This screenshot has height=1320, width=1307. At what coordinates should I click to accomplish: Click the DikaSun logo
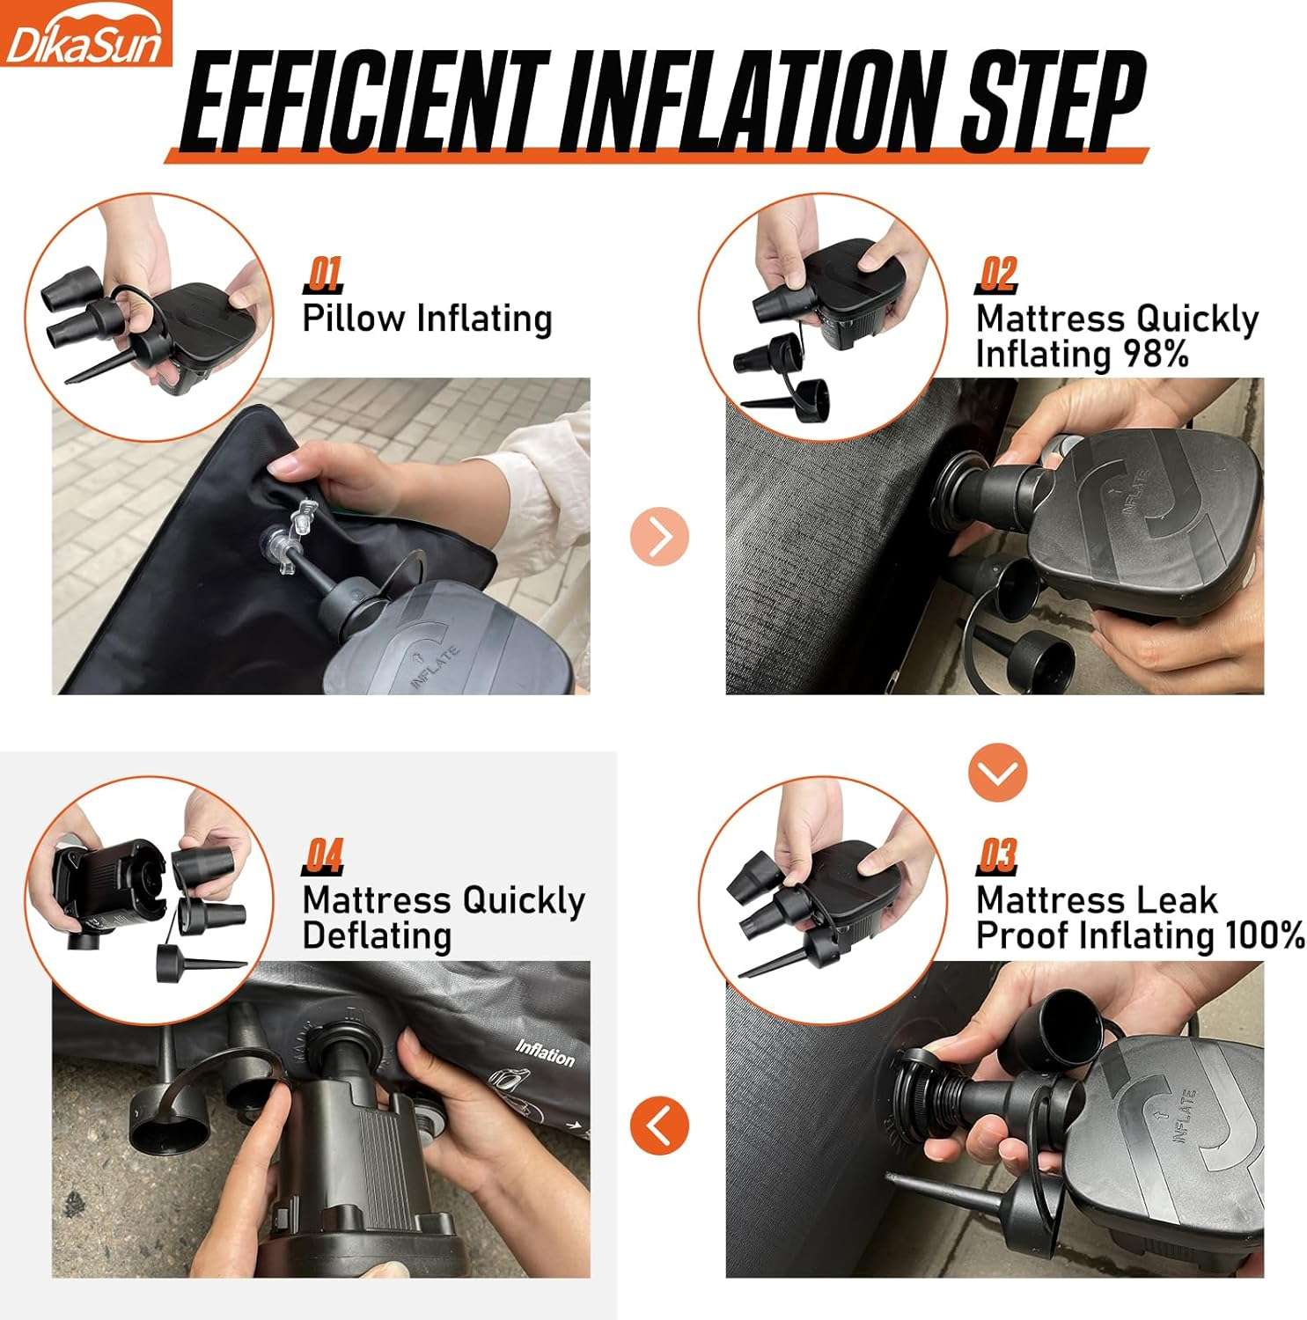[85, 35]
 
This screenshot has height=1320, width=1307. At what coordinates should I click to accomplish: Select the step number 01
[323, 275]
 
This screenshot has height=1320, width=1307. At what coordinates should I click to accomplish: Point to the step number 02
[997, 275]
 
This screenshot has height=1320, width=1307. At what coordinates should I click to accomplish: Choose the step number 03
[997, 855]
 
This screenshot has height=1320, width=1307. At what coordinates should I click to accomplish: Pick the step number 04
[323, 855]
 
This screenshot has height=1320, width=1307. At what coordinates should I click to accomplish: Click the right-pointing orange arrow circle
[659, 536]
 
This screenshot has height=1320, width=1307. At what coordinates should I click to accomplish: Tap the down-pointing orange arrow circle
[997, 773]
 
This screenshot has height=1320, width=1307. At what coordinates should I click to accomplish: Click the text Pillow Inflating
[427, 319]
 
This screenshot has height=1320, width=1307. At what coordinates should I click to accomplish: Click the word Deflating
[377, 935]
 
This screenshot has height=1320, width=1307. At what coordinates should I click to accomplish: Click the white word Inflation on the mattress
[545, 1052]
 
